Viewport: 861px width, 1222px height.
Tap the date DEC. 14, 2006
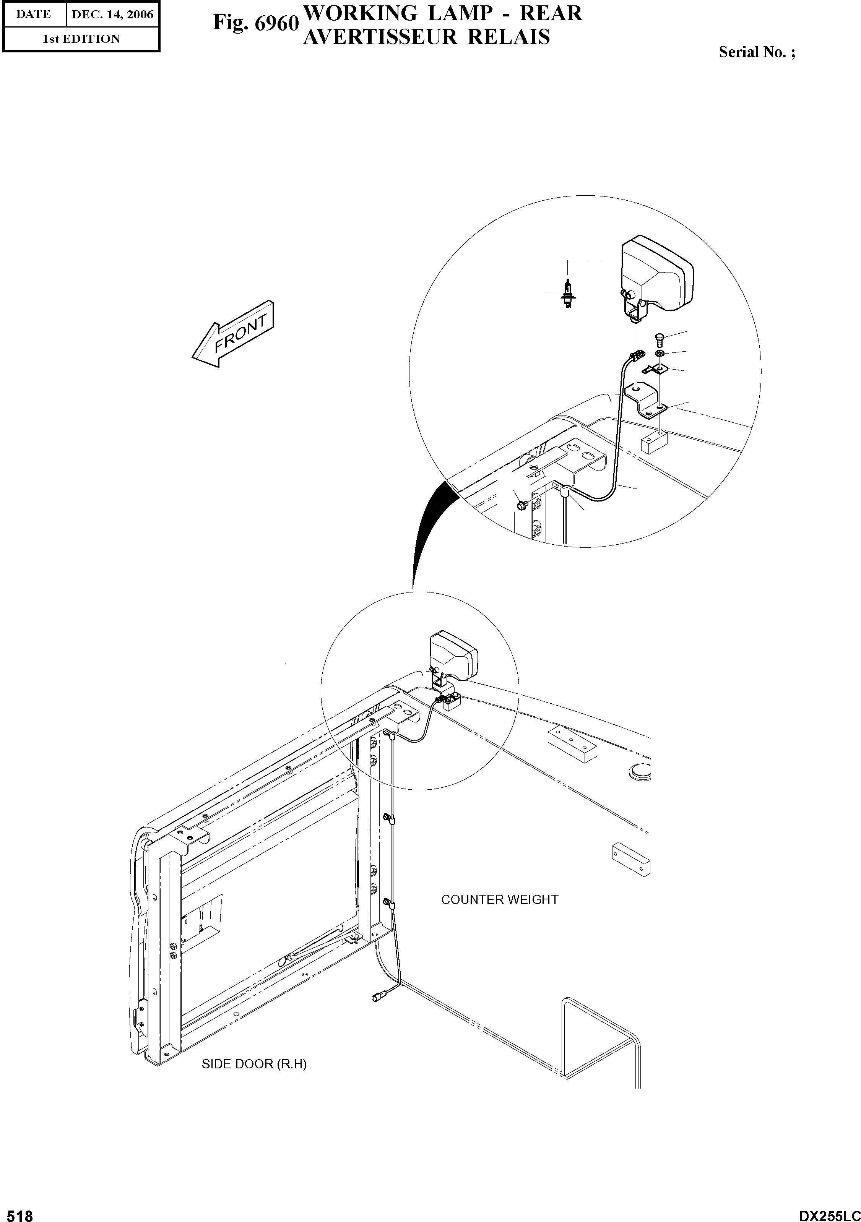pos(112,15)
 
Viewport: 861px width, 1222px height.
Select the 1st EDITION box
pos(81,39)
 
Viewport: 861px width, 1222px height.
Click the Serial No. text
pos(757,52)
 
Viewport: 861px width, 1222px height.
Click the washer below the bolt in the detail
pos(659,354)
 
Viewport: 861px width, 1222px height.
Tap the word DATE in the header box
pos(34,15)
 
